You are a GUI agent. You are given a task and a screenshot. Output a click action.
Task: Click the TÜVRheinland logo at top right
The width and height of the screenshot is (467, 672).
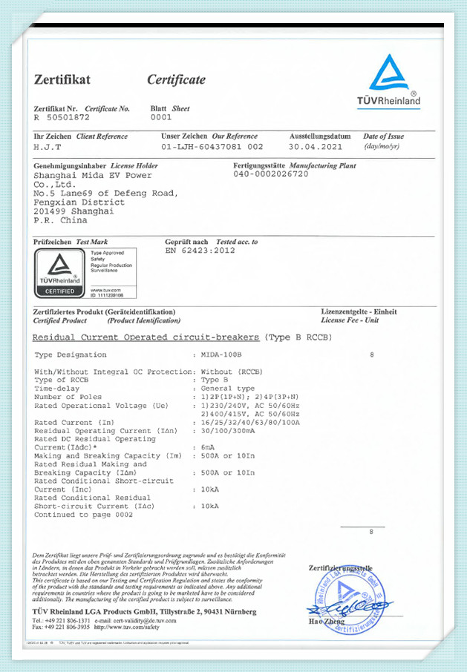pos(394,83)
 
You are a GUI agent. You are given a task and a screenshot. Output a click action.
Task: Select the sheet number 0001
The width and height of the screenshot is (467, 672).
pos(160,117)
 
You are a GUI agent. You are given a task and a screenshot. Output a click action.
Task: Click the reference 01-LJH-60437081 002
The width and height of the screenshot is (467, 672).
pos(212,147)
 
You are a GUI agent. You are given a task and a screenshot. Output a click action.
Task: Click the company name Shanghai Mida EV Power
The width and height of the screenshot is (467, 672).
pos(93,176)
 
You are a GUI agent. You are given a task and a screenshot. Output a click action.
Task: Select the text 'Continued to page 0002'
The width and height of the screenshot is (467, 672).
pos(84,514)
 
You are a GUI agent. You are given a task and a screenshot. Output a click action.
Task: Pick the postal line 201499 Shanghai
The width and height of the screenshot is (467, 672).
pos(74,211)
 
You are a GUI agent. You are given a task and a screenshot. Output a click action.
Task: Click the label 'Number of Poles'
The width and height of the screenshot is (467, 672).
pos(69,397)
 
